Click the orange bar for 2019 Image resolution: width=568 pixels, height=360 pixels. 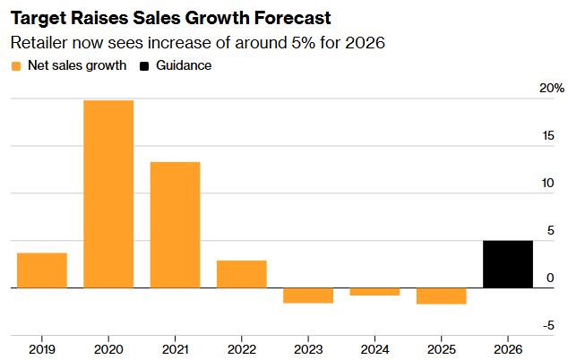[42, 270]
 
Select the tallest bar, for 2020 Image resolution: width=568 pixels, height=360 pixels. [108, 194]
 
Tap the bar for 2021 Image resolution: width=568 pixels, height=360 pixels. [175, 225]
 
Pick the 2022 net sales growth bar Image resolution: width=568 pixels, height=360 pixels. [242, 274]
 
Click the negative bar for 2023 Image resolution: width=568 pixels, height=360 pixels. [308, 296]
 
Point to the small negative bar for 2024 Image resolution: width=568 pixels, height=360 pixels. [374, 292]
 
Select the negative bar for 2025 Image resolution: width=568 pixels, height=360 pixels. [442, 296]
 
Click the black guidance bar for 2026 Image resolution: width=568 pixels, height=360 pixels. [508, 264]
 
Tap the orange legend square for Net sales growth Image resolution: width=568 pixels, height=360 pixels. [16, 66]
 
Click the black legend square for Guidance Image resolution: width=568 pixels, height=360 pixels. [144, 66]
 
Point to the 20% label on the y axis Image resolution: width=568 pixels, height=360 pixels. [552, 88]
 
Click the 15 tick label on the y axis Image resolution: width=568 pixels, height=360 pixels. [548, 136]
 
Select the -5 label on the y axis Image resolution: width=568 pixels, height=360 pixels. [548, 326]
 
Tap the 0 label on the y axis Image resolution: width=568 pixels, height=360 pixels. [550, 278]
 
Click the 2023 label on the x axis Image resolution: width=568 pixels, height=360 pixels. [308, 349]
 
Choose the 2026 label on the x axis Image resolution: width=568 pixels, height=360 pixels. [508, 349]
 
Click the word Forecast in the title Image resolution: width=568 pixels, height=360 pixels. [292, 18]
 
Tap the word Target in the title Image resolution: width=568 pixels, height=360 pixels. [38, 19]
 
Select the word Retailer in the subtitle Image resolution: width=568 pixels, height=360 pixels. [39, 43]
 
